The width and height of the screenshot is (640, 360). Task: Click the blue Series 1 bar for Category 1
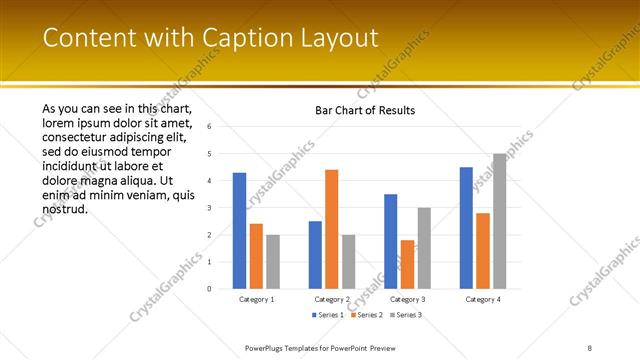[x=239, y=230]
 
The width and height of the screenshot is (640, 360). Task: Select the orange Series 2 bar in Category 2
[x=331, y=229]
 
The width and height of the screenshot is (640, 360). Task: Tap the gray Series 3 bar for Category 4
[x=499, y=221]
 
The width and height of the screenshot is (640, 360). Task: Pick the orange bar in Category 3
[x=407, y=264]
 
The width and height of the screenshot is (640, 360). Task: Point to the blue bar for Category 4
[x=466, y=228]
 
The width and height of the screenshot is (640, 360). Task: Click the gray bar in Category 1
[x=273, y=261]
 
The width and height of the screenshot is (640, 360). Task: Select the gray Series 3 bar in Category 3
[x=424, y=248]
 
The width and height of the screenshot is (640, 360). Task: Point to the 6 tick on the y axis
[x=209, y=127]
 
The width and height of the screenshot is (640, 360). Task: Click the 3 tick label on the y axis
[x=209, y=208]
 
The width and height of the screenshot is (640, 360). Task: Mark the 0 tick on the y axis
[x=209, y=289]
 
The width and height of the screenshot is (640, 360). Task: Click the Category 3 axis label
[x=407, y=299]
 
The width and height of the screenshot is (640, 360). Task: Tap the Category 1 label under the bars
[x=257, y=299]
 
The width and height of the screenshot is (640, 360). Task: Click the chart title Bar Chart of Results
[x=364, y=110]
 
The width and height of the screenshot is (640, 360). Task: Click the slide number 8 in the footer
[x=590, y=347]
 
